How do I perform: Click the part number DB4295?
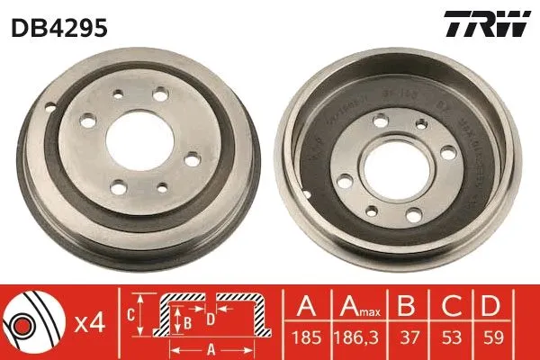click(58, 29)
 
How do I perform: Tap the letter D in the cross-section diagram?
click(209, 317)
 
